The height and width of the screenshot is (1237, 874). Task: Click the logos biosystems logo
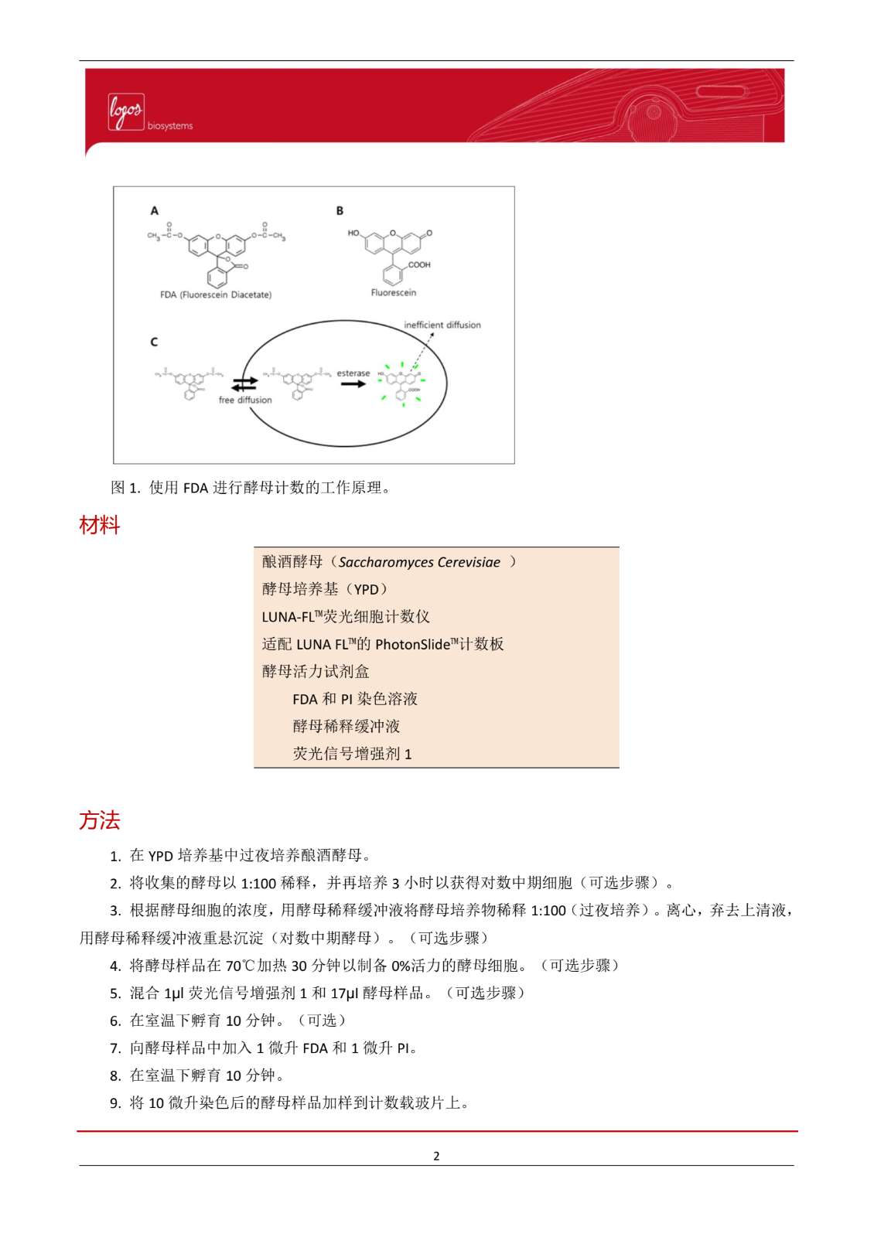coord(149,114)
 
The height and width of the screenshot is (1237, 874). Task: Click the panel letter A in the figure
coord(155,210)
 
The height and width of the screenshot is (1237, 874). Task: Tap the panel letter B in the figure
coord(340,210)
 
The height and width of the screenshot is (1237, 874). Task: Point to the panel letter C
coord(154,342)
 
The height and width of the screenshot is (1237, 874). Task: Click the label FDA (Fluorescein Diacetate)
coord(215,295)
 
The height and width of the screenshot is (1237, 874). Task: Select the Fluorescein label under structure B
coord(393,292)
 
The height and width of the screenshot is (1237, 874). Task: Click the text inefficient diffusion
coord(442,325)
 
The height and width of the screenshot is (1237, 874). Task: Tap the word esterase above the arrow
coord(353,373)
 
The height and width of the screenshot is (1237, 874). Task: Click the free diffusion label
coord(244,400)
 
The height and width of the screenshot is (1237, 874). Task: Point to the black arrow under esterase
coord(353,384)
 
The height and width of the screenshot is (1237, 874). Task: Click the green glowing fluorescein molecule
coord(402,381)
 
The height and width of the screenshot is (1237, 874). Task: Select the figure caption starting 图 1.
coord(251,488)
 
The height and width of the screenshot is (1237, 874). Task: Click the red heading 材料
coord(99,526)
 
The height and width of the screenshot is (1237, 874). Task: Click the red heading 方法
coord(99,820)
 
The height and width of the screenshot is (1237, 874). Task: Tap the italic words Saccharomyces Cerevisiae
coord(419,562)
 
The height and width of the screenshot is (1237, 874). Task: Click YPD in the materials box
coord(366,590)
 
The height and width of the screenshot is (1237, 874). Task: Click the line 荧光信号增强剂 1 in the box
coord(352,754)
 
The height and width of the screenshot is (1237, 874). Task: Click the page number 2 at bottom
coord(436,1156)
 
